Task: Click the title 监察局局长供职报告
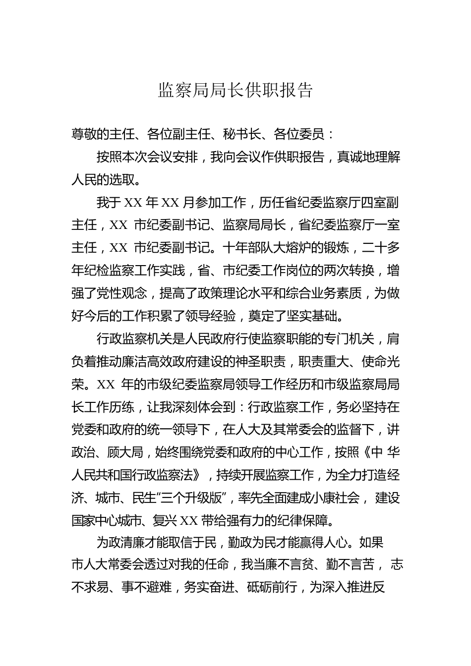coord(235,90)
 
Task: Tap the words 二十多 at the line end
coord(381,248)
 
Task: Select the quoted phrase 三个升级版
coord(178,498)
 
